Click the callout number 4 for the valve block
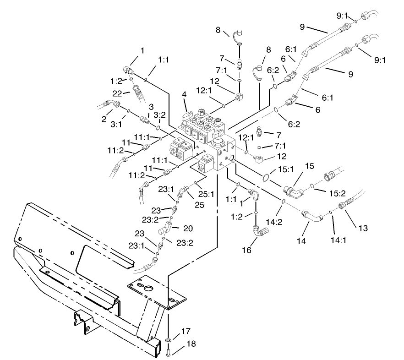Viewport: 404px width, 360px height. (x=184, y=95)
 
